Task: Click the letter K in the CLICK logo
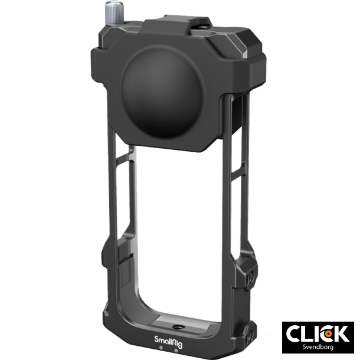coord(341,333)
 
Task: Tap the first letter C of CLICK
coord(296,333)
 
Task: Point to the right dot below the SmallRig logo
coord(176,348)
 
